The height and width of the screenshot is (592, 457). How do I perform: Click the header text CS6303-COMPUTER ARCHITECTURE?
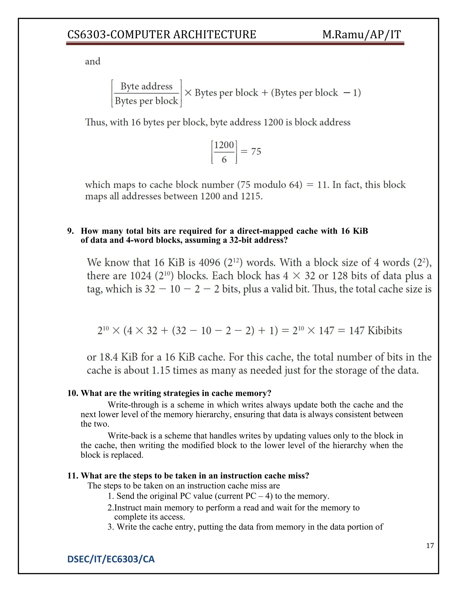pyautogui.click(x=161, y=35)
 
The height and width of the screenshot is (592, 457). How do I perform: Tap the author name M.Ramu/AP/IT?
pyautogui.click(x=361, y=35)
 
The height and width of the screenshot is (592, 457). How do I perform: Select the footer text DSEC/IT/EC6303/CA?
pyautogui.click(x=111, y=559)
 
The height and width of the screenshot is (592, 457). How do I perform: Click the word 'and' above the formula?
pyautogui.click(x=93, y=61)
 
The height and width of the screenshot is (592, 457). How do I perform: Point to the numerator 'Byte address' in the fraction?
pyautogui.click(x=146, y=86)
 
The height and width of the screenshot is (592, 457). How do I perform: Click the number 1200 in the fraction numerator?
pyautogui.click(x=224, y=145)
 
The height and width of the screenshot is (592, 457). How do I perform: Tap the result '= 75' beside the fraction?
pyautogui.click(x=251, y=151)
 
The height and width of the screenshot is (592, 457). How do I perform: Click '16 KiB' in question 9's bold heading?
pyautogui.click(x=354, y=231)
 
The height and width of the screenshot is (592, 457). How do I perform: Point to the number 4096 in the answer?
pyautogui.click(x=209, y=262)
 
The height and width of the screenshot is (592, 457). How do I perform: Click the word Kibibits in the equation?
pyautogui.click(x=385, y=330)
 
